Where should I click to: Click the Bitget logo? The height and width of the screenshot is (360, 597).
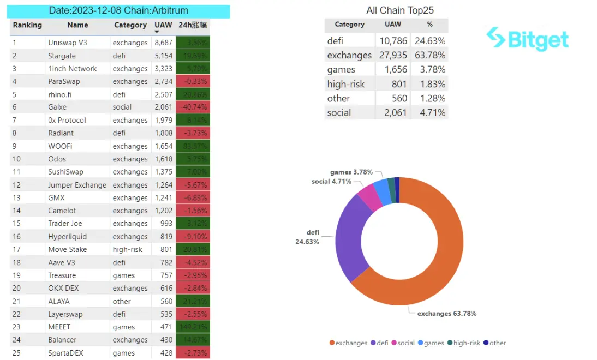[527, 39]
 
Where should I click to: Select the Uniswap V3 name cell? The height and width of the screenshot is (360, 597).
[67, 43]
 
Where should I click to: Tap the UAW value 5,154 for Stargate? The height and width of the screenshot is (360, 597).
[163, 56]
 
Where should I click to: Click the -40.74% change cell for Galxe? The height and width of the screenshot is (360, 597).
[193, 107]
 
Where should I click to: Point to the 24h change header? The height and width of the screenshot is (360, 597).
[193, 25]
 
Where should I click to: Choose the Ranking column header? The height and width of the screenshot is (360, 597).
[27, 25]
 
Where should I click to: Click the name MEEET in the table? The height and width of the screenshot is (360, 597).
[59, 327]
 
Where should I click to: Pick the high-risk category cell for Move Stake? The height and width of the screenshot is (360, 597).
[127, 249]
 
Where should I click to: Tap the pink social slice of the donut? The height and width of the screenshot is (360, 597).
[369, 197]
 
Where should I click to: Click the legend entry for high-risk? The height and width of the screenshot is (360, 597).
[467, 343]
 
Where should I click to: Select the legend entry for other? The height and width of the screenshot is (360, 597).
[497, 343]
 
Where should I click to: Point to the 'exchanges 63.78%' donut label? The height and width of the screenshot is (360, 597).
[446, 314]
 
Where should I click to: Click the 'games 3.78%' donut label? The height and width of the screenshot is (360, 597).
[351, 172]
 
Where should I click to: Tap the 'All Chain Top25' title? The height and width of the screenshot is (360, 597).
[400, 10]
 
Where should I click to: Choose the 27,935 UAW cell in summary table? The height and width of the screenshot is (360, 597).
[392, 55]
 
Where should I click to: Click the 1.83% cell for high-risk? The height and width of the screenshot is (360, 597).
[429, 84]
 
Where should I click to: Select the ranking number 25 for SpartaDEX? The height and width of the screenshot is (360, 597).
[16, 353]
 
